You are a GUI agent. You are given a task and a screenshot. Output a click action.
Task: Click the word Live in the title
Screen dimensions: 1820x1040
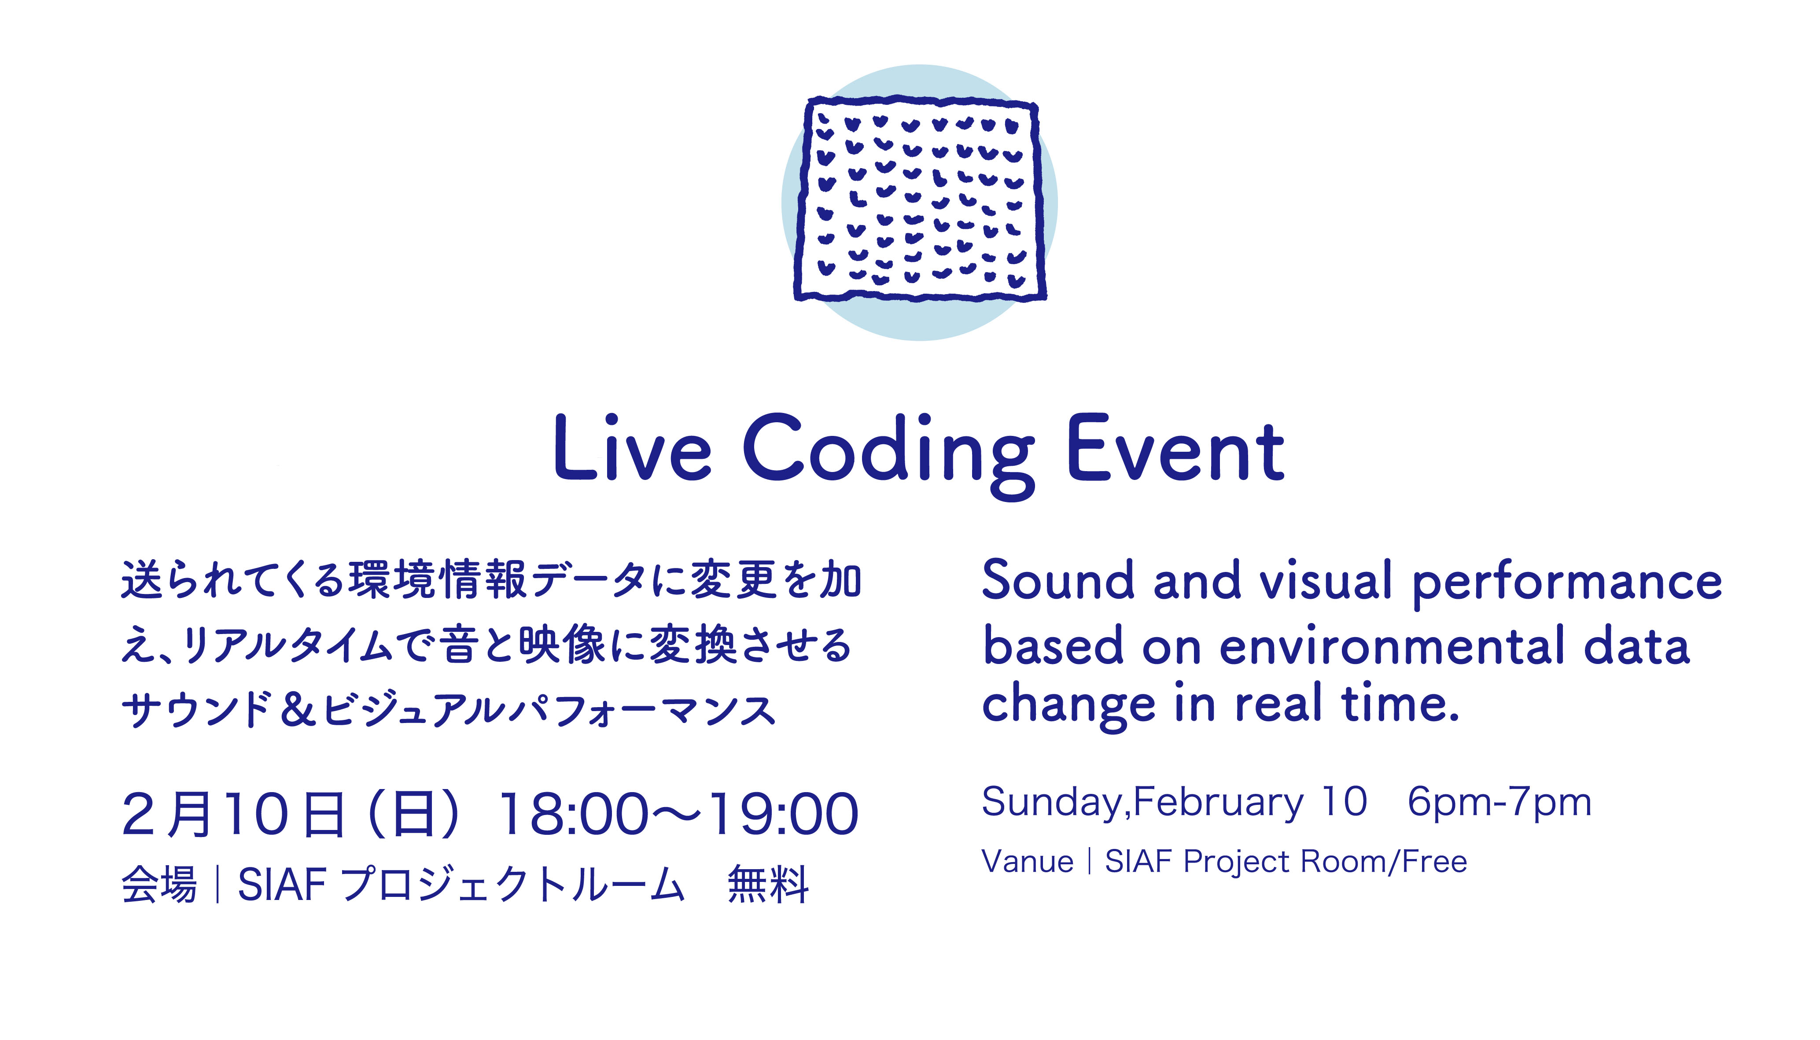pyautogui.click(x=633, y=447)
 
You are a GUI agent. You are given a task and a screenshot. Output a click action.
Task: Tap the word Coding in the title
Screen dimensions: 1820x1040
pyautogui.click(x=888, y=455)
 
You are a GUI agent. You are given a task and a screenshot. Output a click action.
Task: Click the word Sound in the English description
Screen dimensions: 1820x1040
pyautogui.click(x=1058, y=580)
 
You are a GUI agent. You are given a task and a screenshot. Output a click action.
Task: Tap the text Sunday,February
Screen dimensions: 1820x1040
pyautogui.click(x=1142, y=803)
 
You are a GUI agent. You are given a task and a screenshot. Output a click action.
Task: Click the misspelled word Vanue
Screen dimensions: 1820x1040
pyautogui.click(x=1028, y=861)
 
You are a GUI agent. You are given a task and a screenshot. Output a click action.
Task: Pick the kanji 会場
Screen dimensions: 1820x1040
pyautogui.click(x=158, y=884)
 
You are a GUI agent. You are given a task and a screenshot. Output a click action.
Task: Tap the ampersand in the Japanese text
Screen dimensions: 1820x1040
pyautogui.click(x=298, y=710)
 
